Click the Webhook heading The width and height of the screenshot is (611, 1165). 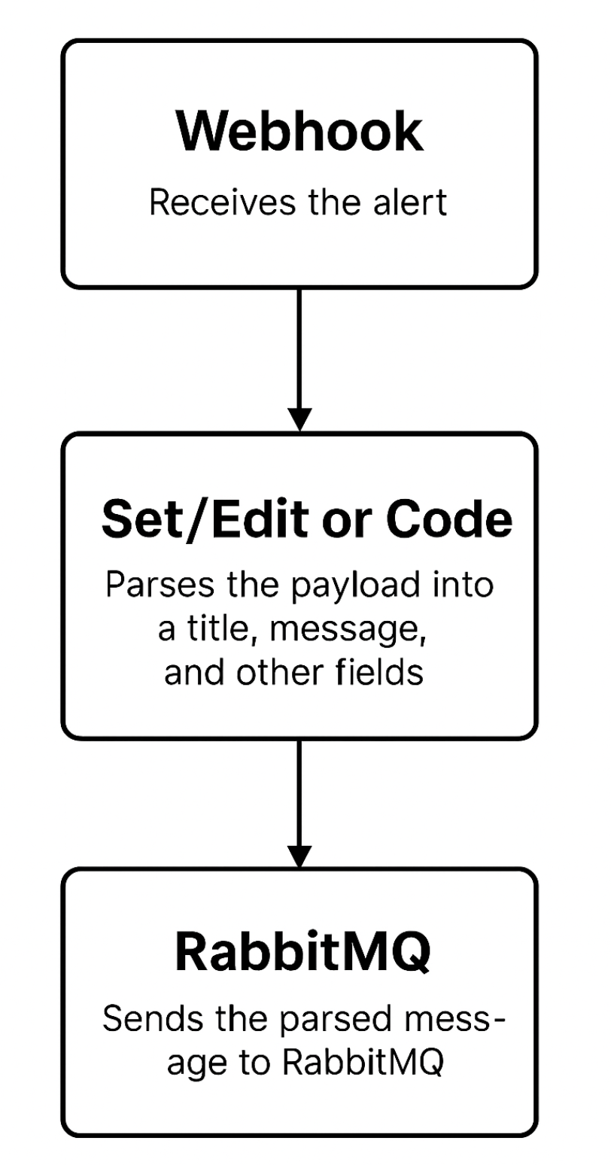click(x=299, y=132)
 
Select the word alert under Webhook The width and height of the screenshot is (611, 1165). click(x=411, y=203)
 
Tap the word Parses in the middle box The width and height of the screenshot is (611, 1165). click(x=150, y=585)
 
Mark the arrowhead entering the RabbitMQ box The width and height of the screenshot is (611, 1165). click(x=299, y=856)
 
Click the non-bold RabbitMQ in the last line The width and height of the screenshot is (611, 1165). click(x=363, y=1063)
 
